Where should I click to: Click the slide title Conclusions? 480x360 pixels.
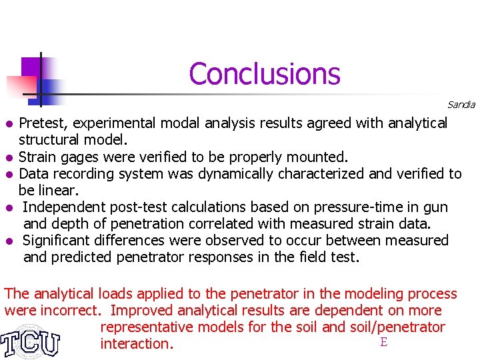point(265,73)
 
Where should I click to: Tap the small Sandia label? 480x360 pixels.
point(461,105)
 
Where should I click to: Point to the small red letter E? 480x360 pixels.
point(383,343)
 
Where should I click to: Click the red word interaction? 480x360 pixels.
point(137,344)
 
